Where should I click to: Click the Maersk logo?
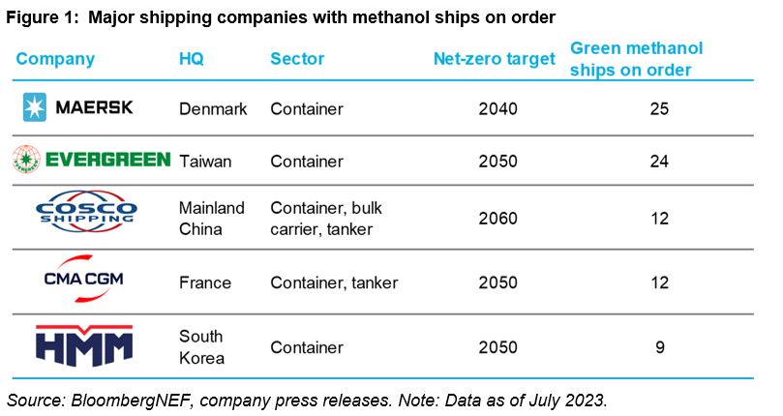coord(78,108)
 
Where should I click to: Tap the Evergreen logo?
coord(92,161)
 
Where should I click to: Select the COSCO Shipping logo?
coord(86,219)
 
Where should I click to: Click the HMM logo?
coord(84,346)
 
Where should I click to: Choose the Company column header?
coord(55,59)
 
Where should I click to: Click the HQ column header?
coord(192,59)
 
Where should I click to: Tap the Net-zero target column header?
coord(495,59)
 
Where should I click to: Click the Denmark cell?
coord(214,109)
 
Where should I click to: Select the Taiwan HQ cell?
coord(205,162)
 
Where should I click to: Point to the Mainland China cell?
coord(212,219)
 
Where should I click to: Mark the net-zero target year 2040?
coord(498,109)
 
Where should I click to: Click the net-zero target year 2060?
coord(498,220)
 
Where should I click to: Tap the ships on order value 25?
coord(659,109)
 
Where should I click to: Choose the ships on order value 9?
coord(659,347)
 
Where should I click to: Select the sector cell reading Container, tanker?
coord(334,283)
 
